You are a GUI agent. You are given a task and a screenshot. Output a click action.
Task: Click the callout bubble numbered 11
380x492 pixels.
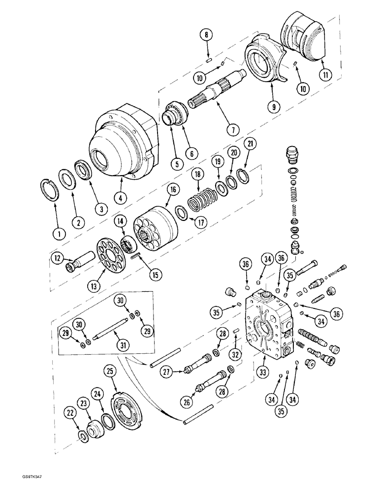coord(324,75)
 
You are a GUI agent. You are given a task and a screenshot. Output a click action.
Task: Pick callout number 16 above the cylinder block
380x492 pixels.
coord(171,189)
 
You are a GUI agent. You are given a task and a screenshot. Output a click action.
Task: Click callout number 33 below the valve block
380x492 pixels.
coord(262,372)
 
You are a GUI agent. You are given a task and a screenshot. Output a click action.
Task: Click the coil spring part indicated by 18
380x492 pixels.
coord(201,201)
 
